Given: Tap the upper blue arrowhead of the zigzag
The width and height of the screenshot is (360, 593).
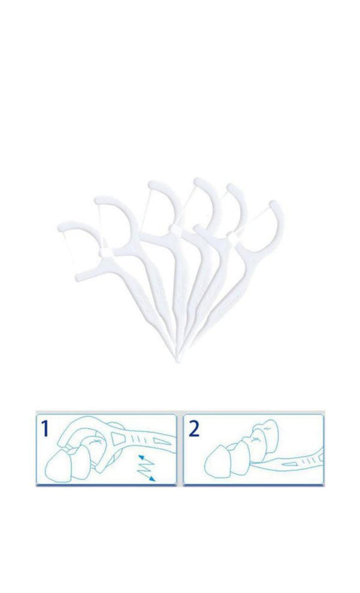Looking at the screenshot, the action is tap(140, 458).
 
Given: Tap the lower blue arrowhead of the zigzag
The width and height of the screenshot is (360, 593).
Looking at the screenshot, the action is tap(152, 478).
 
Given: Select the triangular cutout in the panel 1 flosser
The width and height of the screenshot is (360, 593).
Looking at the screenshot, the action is tap(119, 439).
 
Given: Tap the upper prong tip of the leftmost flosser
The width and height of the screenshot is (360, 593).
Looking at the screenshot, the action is tap(61, 228).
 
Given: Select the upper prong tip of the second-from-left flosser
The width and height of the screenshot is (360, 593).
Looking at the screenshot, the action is tap(99, 201).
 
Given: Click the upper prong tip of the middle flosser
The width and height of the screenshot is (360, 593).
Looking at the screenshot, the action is tap(152, 185).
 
